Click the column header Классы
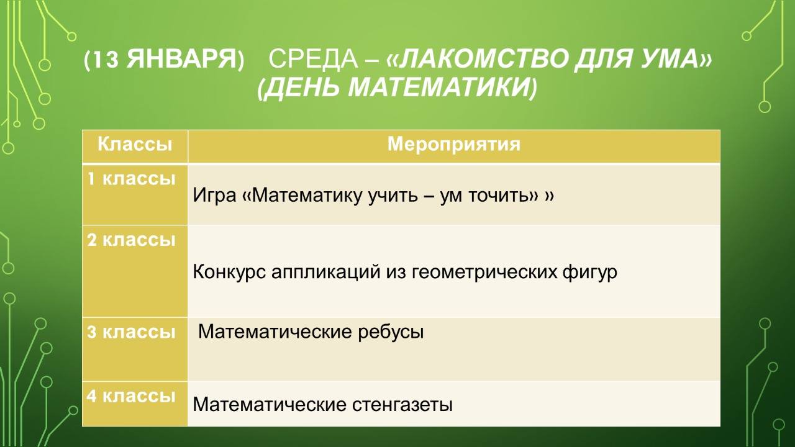point(135,145)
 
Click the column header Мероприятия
point(454,145)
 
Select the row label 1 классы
point(131,178)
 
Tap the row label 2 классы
point(131,240)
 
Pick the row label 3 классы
point(131,332)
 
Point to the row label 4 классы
point(131,396)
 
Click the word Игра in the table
point(214,196)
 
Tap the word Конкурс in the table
point(229,273)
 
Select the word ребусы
point(391,332)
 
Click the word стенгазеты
point(402,405)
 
